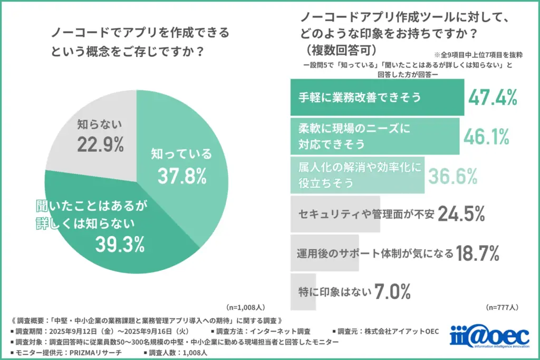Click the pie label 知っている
(181, 154)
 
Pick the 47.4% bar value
(493, 98)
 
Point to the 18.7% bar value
(477, 254)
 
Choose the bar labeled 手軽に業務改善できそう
(377, 98)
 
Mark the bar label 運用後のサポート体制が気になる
(374, 254)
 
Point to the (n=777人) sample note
(502, 307)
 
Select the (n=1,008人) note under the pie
(245, 307)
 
